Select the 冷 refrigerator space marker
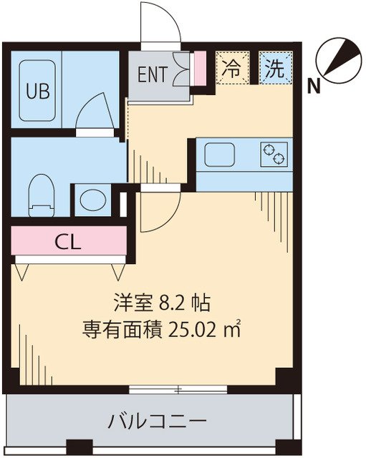tap(231, 69)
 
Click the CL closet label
tap(69, 241)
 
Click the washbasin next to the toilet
tap(91, 200)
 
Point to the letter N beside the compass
tap(313, 87)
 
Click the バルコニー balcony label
tap(157, 420)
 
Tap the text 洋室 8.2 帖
tap(160, 303)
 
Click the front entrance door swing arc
tap(159, 25)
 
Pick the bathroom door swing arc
tap(95, 114)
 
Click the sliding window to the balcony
tap(179, 390)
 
